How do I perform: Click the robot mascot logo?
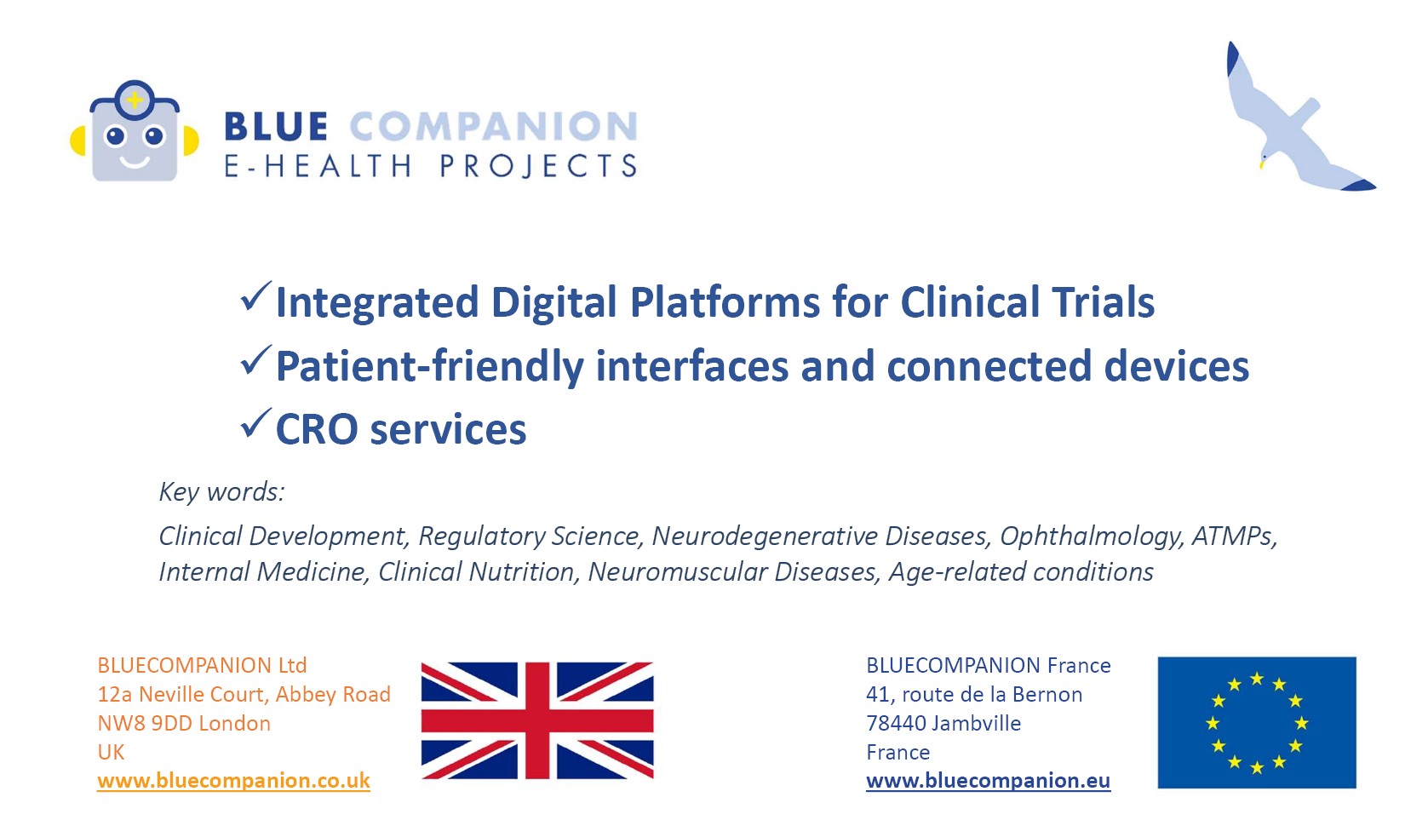(x=134, y=131)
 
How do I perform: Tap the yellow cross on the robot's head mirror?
(x=135, y=100)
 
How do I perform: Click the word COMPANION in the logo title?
(x=493, y=126)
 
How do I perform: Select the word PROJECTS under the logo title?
(x=538, y=166)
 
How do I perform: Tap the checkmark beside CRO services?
(x=256, y=423)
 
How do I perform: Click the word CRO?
(x=317, y=429)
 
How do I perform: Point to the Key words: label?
(x=221, y=492)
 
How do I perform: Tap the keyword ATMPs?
(x=1234, y=536)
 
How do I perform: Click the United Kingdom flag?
(x=537, y=720)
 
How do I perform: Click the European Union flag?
(x=1257, y=722)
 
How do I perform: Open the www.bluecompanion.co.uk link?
(x=233, y=781)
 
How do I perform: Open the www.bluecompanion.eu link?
(x=988, y=781)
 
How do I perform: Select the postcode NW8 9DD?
(x=145, y=724)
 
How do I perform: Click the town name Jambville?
(x=976, y=724)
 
